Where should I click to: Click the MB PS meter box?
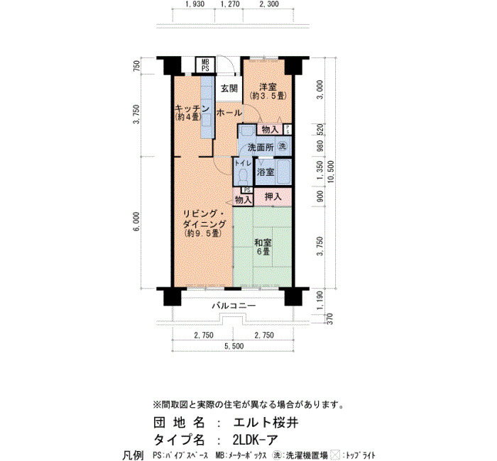[x=205, y=65]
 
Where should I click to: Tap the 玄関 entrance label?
[x=229, y=89]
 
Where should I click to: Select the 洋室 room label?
[x=268, y=87]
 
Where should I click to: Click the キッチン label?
[x=192, y=109]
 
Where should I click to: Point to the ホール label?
[x=229, y=112]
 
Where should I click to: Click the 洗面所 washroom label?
[x=261, y=148]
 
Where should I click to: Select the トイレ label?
[x=243, y=163]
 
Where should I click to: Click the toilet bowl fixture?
[x=243, y=176]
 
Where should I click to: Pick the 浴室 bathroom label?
[x=266, y=172]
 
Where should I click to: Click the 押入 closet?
[x=273, y=196]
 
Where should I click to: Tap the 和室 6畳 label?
[x=263, y=247]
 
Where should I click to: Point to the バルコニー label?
[x=234, y=306]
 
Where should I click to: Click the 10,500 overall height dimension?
[x=332, y=174]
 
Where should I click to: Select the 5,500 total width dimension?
[x=234, y=346]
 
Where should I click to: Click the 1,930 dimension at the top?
[x=195, y=4]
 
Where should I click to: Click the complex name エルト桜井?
[x=266, y=423]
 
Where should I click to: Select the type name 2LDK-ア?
[x=255, y=440]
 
